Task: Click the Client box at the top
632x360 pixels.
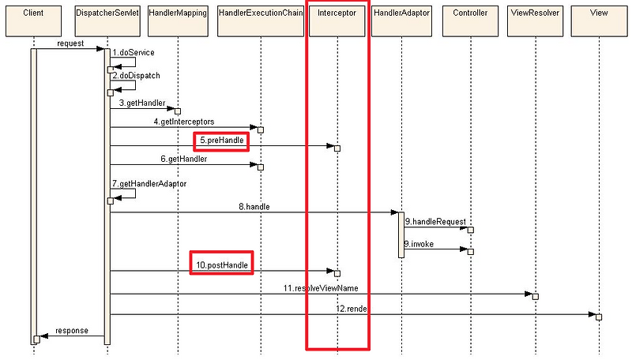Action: coord(33,21)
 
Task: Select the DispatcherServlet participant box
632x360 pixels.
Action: coord(107,21)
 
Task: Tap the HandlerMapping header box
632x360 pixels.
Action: coord(179,21)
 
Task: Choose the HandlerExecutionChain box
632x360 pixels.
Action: coord(261,21)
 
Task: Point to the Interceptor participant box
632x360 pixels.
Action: coord(337,21)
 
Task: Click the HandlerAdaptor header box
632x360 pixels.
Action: coord(402,21)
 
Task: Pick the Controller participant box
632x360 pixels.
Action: coord(470,21)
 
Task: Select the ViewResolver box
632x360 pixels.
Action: coord(536,21)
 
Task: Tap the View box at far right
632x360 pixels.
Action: coord(599,21)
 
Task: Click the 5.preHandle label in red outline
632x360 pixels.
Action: coord(222,141)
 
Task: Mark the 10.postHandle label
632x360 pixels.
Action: coord(222,265)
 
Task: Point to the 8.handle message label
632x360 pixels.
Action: coord(254,207)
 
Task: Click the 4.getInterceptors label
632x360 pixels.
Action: coord(184,122)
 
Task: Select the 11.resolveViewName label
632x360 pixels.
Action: coord(321,288)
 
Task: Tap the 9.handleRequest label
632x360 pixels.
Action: coord(435,222)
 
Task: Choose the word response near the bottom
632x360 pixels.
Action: coord(72,331)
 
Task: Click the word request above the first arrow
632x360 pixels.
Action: coord(70,43)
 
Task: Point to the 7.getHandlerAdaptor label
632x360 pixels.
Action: coord(149,184)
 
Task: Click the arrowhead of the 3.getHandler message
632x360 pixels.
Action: coord(171,109)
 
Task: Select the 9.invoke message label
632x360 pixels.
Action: coord(419,244)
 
